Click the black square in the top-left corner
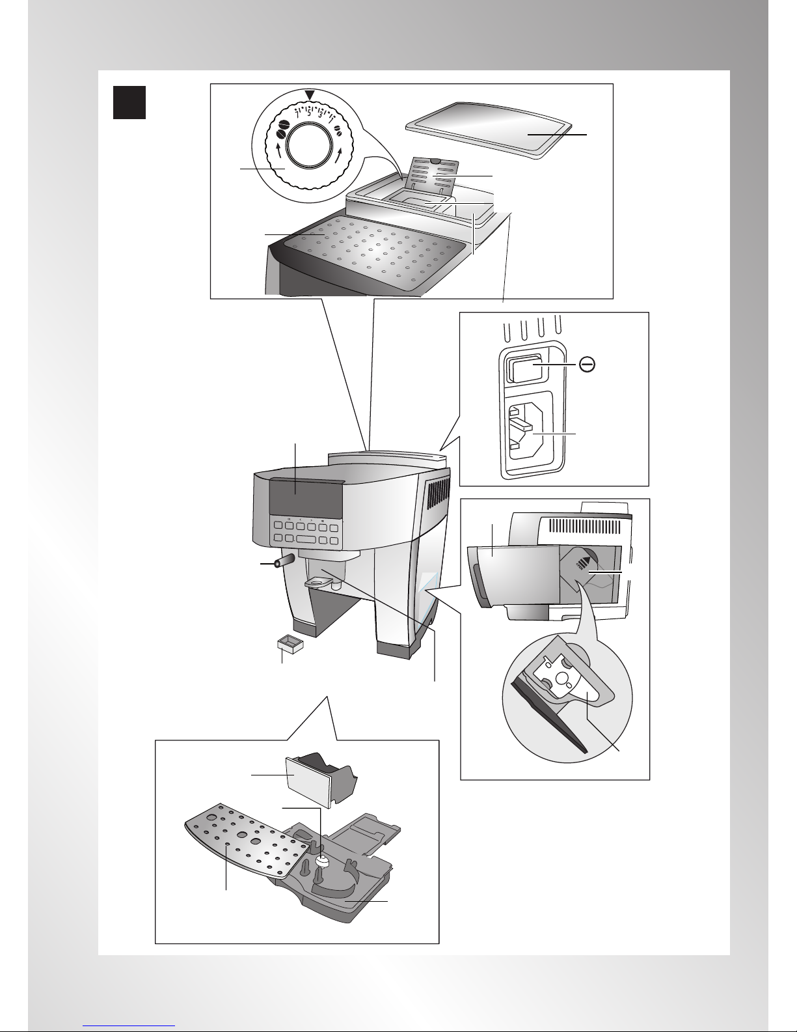tap(129, 102)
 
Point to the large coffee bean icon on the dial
tap(282, 128)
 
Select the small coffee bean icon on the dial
tap(338, 132)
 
